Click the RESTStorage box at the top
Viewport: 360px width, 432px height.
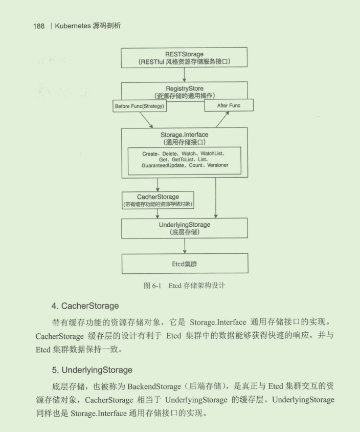click(184, 57)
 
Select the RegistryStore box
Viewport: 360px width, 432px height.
click(184, 91)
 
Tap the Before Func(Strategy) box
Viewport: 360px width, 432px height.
click(139, 106)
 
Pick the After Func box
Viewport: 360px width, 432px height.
click(229, 105)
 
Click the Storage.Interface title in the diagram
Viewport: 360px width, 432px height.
click(184, 135)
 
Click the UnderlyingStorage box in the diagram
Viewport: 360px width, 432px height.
click(184, 228)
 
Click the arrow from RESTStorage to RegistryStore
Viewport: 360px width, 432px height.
click(184, 75)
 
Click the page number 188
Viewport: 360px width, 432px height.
click(38, 26)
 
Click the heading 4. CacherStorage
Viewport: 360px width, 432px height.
click(85, 306)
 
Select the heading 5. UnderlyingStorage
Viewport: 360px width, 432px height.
click(92, 370)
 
